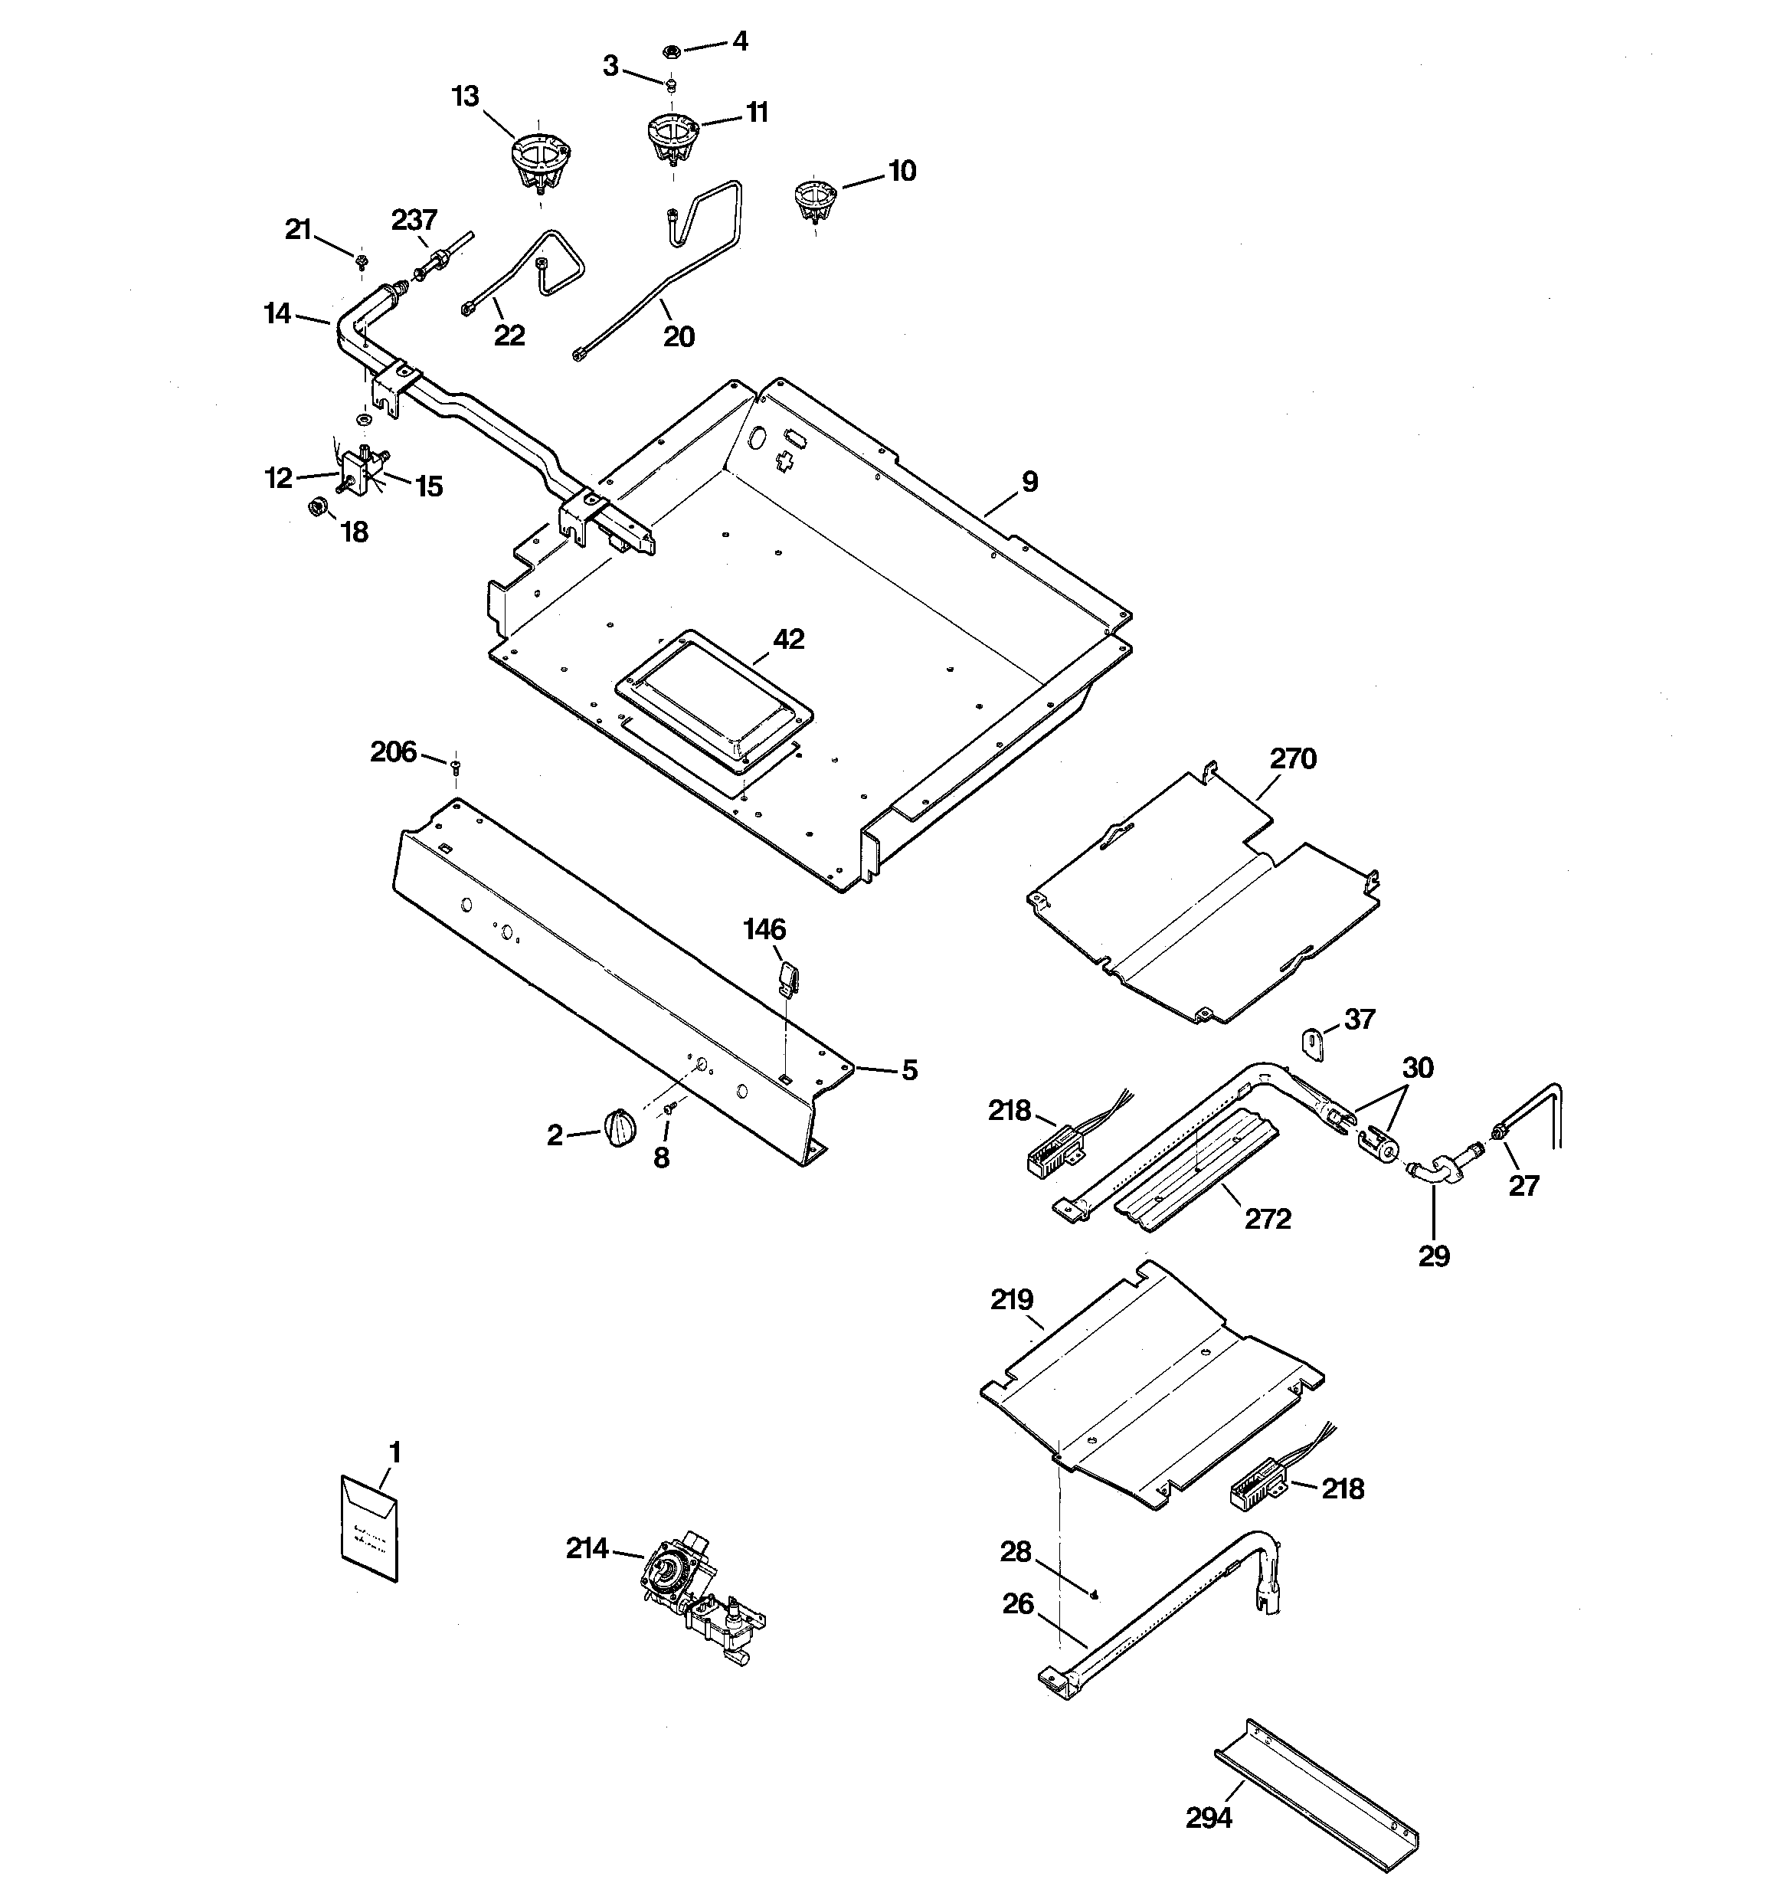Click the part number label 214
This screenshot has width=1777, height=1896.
587,1549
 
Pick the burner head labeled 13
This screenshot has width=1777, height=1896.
540,159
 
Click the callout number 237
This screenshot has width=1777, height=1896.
414,221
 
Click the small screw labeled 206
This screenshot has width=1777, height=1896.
456,763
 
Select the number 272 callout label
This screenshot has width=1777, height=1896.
1268,1219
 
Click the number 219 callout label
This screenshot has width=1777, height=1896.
1012,1299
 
